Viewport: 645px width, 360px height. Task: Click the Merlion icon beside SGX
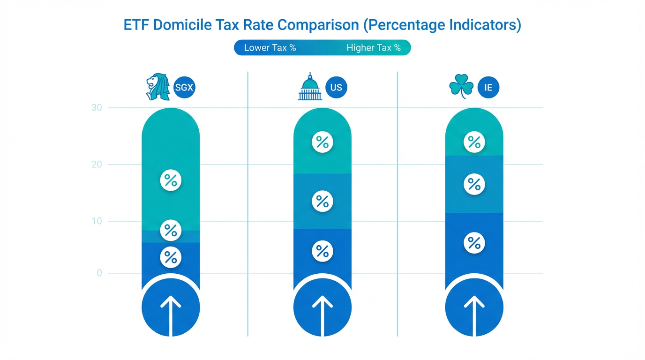tap(157, 87)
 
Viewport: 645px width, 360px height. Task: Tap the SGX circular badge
tap(184, 87)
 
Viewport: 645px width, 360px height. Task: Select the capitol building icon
tap(310, 87)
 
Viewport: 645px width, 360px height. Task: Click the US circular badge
tap(336, 87)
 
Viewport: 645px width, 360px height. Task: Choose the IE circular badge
tap(488, 87)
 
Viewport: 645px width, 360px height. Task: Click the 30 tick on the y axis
tap(97, 108)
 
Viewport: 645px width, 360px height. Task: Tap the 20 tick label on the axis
tap(97, 165)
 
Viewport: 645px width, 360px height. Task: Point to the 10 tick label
tap(97, 221)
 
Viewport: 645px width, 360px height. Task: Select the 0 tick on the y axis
tap(99, 273)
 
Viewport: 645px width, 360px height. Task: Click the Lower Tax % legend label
tap(270, 48)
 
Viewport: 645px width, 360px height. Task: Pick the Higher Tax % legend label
tap(374, 48)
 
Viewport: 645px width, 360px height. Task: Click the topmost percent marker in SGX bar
tap(171, 180)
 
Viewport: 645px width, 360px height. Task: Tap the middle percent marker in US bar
tap(322, 201)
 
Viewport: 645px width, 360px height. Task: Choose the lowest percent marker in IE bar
tap(474, 243)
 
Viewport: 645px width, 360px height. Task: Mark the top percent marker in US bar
tap(322, 142)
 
